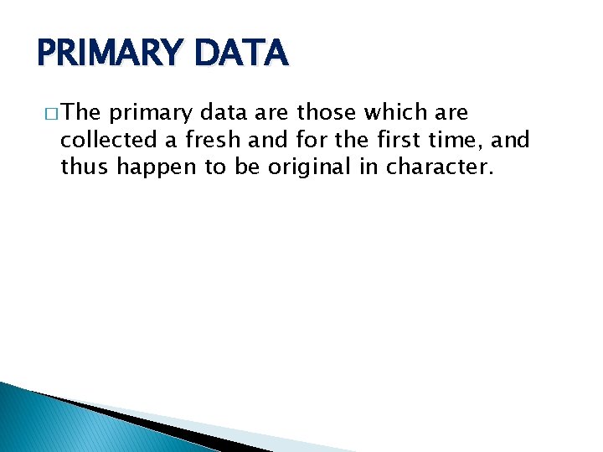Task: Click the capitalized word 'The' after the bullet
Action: (81, 112)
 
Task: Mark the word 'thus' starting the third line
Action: (85, 167)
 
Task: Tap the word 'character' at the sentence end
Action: (438, 167)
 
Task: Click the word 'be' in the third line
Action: (247, 167)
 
